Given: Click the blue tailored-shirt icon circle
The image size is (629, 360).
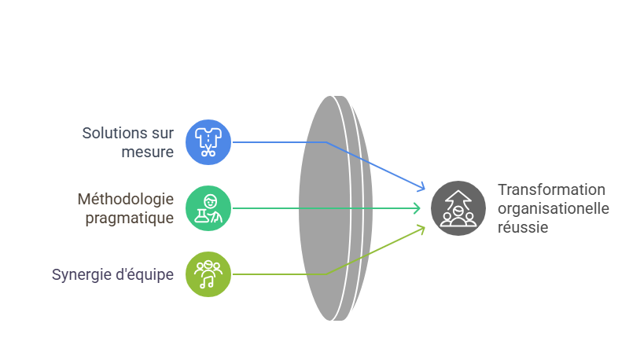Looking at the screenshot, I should click(208, 142).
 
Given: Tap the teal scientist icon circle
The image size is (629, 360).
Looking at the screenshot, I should click(208, 208).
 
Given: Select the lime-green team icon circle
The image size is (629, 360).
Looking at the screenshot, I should click(208, 274).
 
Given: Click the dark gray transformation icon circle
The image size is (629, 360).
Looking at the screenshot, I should click(453, 208).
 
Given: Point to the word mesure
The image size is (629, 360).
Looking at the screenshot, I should click(148, 152).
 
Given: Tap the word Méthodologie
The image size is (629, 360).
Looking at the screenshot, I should click(125, 199).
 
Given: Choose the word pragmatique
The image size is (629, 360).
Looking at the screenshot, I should click(129, 218).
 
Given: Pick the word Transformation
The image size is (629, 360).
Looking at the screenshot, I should click(551, 189).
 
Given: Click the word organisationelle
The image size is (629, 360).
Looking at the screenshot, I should click(553, 208).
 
